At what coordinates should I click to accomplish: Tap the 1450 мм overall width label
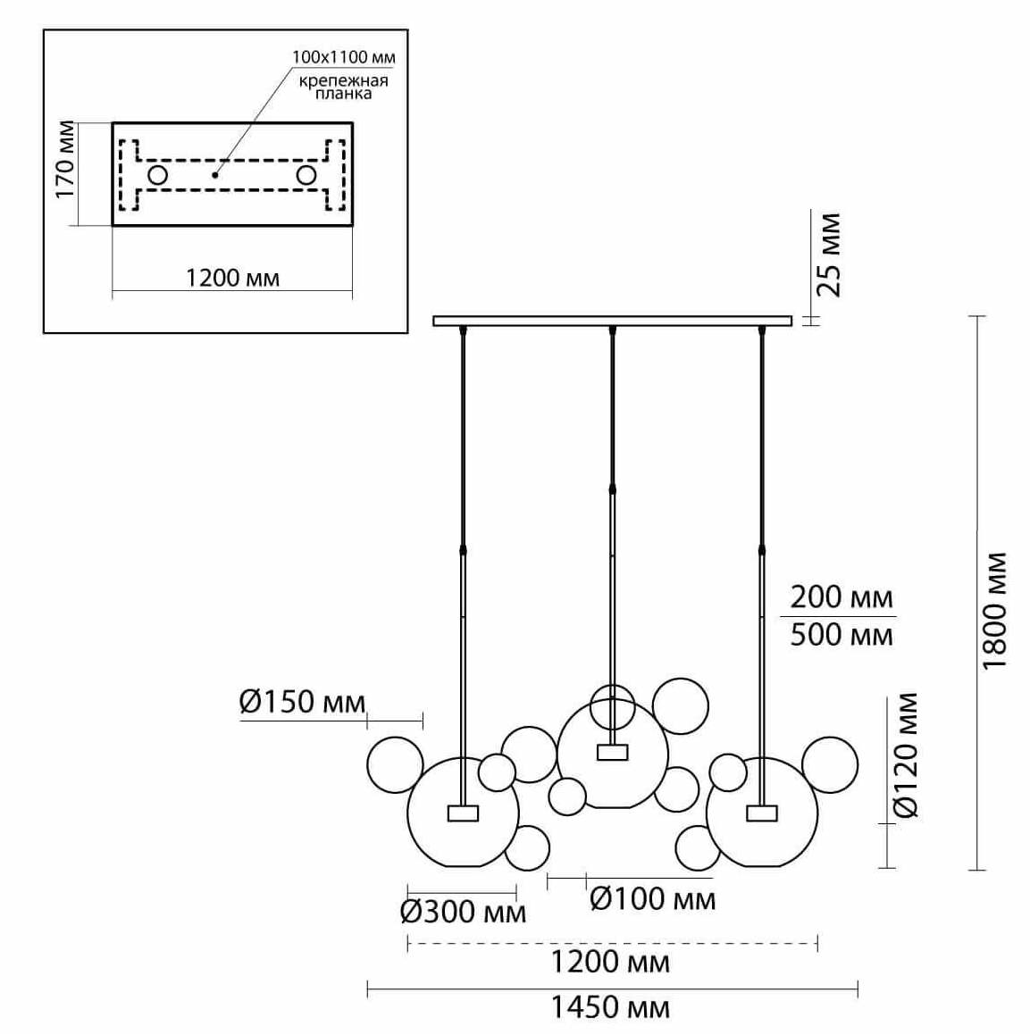point(608,1007)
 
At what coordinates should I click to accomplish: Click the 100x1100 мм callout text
point(343,57)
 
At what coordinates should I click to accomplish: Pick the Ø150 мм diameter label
point(302,702)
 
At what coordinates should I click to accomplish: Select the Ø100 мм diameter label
point(653,898)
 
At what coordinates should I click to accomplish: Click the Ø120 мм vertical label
point(906,755)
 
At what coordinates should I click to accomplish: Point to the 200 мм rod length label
point(842,596)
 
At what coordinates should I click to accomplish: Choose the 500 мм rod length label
point(842,634)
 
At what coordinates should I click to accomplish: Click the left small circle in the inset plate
point(157,175)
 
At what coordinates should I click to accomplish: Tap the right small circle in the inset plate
point(307,175)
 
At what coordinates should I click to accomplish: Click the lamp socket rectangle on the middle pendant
point(612,752)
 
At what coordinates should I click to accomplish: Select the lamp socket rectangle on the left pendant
point(462,813)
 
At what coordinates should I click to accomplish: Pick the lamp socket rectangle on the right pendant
point(762,813)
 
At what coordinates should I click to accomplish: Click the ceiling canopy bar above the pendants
point(612,321)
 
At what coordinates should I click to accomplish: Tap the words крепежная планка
point(343,87)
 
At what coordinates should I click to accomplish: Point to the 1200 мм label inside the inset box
point(232,279)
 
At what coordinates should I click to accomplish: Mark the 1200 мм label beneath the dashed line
point(610,962)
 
